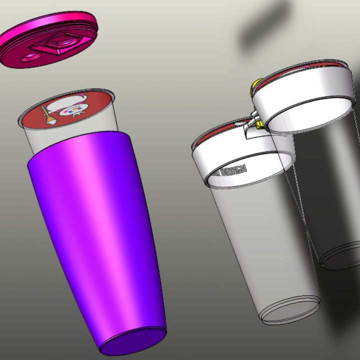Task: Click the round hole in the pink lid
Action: [x=30, y=56]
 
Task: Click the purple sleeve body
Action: [x=100, y=225]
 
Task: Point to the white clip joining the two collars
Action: [x=252, y=124]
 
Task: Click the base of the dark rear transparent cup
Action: [x=340, y=257]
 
